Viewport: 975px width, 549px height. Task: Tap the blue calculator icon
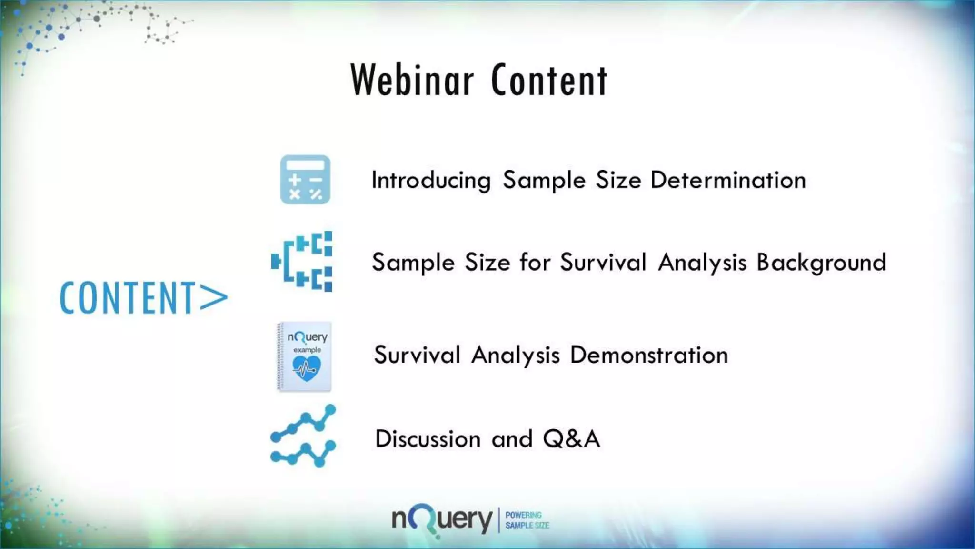pyautogui.click(x=305, y=180)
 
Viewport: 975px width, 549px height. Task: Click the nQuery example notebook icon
pyautogui.click(x=304, y=356)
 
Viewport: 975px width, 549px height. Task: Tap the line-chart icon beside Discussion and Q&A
pyautogui.click(x=303, y=436)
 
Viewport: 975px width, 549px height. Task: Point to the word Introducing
pyautogui.click(x=431, y=181)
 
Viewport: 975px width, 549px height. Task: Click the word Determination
pyautogui.click(x=728, y=181)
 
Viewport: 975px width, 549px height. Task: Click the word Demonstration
pyautogui.click(x=649, y=356)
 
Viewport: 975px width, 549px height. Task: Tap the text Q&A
pyautogui.click(x=571, y=439)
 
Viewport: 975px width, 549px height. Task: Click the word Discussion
pyautogui.click(x=428, y=439)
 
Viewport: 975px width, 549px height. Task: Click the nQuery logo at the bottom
pyautogui.click(x=442, y=520)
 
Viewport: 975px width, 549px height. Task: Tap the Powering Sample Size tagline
pyautogui.click(x=527, y=520)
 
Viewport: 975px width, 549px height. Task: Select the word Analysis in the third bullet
pyautogui.click(x=515, y=356)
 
